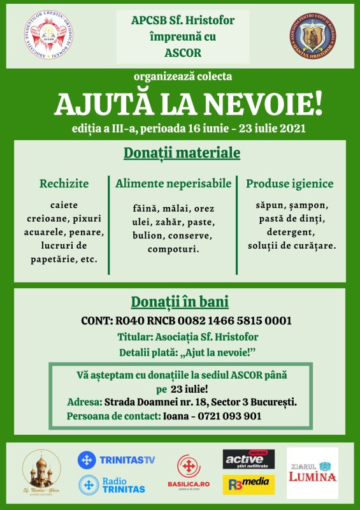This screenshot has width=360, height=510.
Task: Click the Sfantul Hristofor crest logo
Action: (x=312, y=36)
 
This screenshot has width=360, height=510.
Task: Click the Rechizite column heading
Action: (x=64, y=184)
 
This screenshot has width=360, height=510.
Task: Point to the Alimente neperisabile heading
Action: (x=173, y=184)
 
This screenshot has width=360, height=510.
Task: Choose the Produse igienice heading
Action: (x=289, y=184)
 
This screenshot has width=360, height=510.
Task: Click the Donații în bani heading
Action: (x=180, y=302)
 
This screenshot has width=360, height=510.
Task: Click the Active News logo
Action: (x=248, y=459)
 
